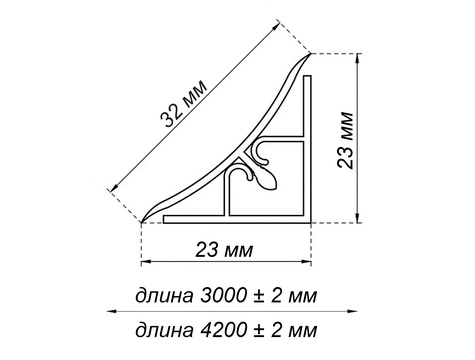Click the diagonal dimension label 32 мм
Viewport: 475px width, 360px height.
point(184,104)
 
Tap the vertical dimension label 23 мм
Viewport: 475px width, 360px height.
point(345,140)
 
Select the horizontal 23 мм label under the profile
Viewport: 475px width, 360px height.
point(224,250)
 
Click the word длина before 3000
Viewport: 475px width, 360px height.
point(164,296)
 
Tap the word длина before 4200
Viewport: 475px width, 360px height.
point(164,331)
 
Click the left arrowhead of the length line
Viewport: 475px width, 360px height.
point(111,311)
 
